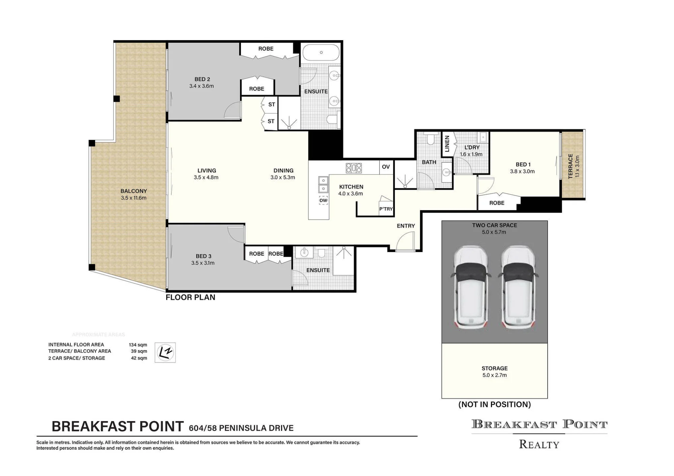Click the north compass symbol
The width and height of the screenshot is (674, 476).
coord(165,352)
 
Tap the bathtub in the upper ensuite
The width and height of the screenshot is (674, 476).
coord(321,52)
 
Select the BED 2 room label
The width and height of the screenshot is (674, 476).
coord(202,79)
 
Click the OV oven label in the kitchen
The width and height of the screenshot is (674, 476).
coord(386,167)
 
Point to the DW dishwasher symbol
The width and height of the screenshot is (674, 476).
coord(324,200)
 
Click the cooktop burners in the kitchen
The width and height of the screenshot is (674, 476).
coord(354,167)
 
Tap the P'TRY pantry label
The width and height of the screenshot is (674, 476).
coord(386,209)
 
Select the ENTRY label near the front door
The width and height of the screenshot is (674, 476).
coord(406,226)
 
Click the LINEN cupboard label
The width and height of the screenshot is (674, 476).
coord(447,144)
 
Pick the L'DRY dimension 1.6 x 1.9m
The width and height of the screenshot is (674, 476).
coord(471,154)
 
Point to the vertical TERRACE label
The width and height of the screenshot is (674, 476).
coord(571,166)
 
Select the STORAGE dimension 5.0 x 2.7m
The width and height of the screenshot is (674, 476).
coord(494,375)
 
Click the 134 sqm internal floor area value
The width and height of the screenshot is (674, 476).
coord(138,345)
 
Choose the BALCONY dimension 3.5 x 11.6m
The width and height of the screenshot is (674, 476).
coord(133,198)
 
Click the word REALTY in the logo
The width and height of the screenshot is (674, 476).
coord(539,444)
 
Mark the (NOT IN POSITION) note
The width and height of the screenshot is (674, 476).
coord(494,404)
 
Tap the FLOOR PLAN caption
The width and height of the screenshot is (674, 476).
coord(190,297)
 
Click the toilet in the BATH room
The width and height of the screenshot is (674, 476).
coord(430,139)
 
